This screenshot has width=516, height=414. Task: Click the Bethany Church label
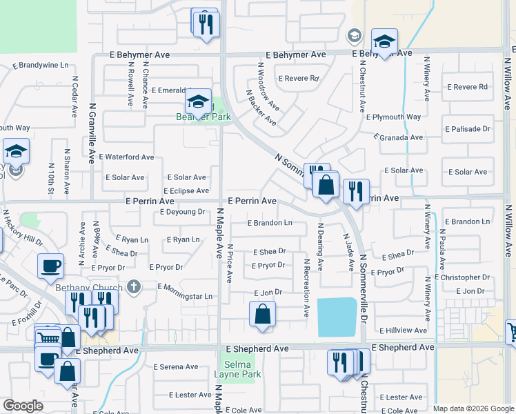96,287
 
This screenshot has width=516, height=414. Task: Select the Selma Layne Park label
238,369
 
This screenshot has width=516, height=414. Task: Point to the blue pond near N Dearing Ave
337,317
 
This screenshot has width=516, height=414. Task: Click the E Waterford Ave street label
126,157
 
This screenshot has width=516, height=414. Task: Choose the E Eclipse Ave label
186,191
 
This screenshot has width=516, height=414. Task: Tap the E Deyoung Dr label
183,213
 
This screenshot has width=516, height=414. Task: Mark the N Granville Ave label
92,133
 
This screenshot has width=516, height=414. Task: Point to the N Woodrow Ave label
268,87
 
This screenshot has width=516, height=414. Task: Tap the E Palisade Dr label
467,129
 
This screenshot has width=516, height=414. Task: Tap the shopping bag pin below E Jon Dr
263,314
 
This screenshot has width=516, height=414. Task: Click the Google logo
23,406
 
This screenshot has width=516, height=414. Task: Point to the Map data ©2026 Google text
473,408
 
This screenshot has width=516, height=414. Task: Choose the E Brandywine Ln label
41,66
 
